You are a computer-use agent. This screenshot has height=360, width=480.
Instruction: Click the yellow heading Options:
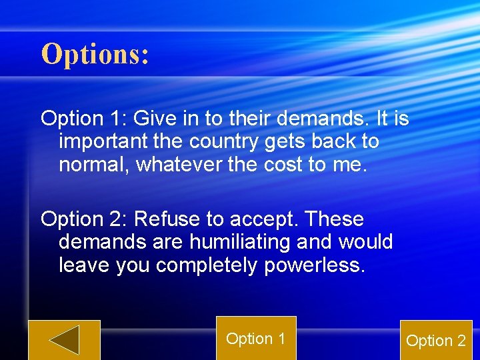point(95,54)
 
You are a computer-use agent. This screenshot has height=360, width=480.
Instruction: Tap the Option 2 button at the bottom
point(436,341)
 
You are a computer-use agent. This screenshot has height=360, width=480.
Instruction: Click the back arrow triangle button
point(64,340)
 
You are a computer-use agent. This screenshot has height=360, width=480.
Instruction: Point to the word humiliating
point(246,242)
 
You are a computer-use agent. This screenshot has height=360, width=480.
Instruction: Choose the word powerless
point(315,265)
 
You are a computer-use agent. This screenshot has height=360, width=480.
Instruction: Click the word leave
point(85,265)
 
